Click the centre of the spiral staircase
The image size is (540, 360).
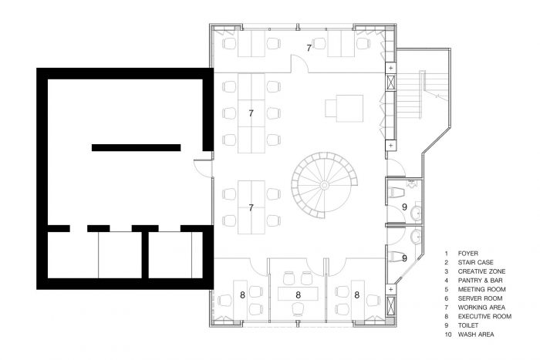[324, 186]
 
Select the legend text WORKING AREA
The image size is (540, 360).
[481, 308]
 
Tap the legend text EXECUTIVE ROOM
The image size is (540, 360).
[484, 316]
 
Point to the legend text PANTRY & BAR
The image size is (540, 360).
[480, 281]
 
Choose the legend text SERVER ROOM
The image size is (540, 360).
[480, 298]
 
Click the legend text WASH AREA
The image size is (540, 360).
[476, 335]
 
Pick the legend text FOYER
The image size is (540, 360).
[468, 254]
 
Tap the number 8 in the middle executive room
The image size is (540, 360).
[299, 295]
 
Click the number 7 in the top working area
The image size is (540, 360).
[309, 49]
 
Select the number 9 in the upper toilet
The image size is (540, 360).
[405, 207]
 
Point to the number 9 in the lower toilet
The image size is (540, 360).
[405, 257]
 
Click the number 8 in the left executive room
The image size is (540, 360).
[242, 295]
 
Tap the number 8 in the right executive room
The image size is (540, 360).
[356, 295]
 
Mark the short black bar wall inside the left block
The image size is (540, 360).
[136, 148]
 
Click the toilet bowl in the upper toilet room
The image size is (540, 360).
[396, 192]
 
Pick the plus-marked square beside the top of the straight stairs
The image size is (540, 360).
[390, 68]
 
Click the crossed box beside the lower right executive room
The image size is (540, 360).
[390, 305]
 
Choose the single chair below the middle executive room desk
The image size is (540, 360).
[299, 308]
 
